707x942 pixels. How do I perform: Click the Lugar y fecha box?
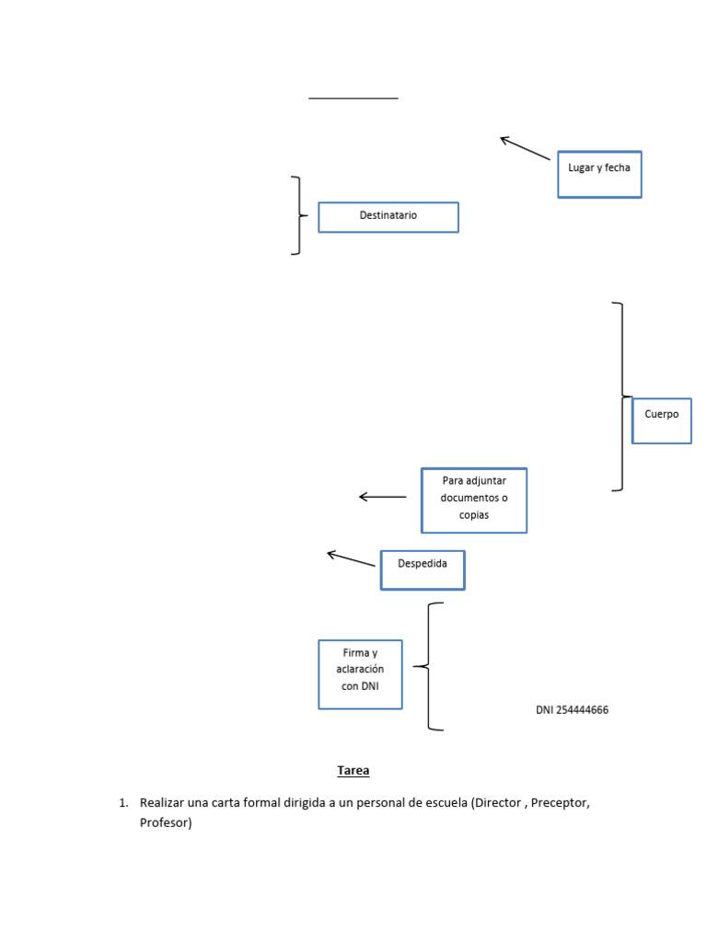[x=599, y=174]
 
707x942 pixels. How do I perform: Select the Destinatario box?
[x=388, y=217]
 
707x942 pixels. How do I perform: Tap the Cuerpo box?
[x=661, y=420]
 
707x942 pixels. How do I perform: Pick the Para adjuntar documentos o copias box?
[x=474, y=500]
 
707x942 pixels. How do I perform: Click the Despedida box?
[x=423, y=570]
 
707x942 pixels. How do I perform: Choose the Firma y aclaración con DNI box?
[x=360, y=674]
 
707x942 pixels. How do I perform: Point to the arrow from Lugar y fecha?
[x=525, y=148]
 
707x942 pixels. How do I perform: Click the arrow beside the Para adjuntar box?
[x=382, y=497]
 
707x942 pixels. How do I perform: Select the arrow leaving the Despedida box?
[x=351, y=558]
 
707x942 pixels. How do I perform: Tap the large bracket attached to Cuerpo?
[x=622, y=396]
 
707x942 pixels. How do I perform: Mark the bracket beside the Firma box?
[x=428, y=666]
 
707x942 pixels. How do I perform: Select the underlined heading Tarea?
[x=353, y=771]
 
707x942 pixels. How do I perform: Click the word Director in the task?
[x=498, y=802]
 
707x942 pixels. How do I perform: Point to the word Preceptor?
[x=560, y=802]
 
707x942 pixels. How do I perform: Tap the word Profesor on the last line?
[x=166, y=822]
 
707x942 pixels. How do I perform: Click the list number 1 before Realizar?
[x=123, y=803]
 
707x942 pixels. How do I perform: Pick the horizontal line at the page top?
[x=353, y=98]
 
